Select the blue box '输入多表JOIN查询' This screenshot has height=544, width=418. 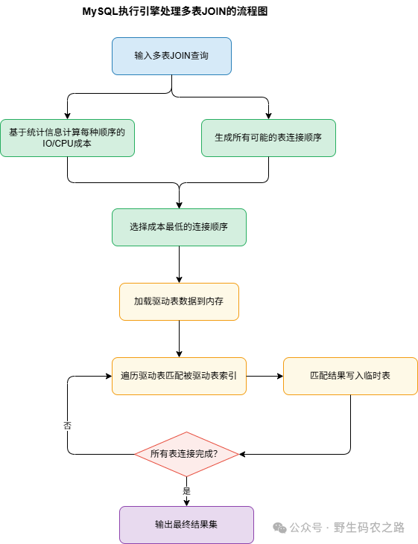click(171, 56)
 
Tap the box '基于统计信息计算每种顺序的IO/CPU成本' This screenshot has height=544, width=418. click(67, 138)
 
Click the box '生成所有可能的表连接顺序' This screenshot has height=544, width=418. click(268, 138)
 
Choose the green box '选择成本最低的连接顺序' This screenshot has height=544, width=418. click(179, 227)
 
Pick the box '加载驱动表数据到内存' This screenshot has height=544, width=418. click(179, 301)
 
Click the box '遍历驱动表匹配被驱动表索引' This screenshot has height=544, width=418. click(179, 376)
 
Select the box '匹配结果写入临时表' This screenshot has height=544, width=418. click(350, 376)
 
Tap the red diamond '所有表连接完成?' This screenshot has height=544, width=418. click(186, 454)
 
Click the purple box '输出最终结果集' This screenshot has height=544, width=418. click(186, 525)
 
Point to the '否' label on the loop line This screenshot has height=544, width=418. click(68, 425)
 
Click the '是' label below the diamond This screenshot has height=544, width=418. click(186, 491)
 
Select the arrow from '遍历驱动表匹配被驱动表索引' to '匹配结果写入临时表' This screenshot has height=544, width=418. click(265, 376)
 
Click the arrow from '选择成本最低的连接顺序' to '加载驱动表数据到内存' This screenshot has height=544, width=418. click(180, 264)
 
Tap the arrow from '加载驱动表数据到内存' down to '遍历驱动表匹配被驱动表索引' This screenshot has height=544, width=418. click(180, 339)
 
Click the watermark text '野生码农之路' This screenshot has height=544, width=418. click(370, 528)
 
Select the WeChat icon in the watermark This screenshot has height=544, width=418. click(279, 528)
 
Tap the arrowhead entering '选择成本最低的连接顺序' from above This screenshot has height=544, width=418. click(180, 205)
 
